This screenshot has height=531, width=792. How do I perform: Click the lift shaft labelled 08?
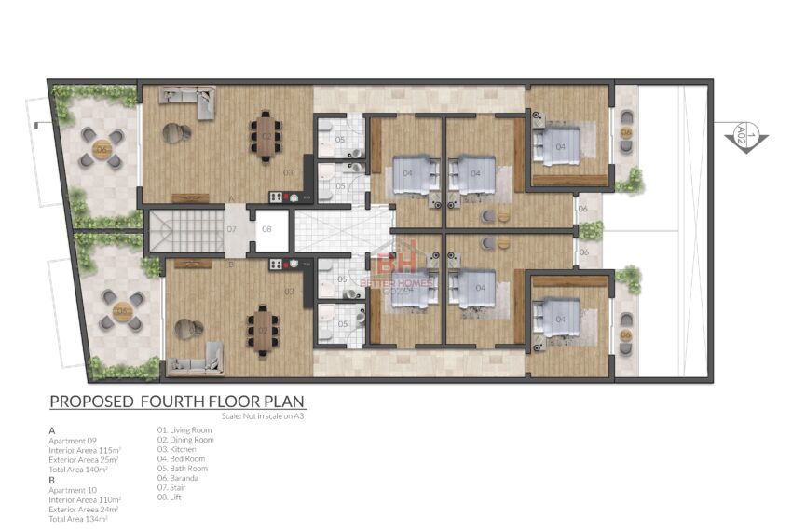(267, 229)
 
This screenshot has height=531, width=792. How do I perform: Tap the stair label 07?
(232, 229)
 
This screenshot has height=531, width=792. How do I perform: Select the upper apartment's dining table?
(266, 136)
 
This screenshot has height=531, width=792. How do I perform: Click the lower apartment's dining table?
(260, 330)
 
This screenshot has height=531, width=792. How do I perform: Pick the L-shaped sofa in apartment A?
(187, 101)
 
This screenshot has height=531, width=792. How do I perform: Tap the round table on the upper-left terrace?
(100, 149)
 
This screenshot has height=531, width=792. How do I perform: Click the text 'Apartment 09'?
(73, 440)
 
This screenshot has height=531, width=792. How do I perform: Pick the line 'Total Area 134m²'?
(78, 518)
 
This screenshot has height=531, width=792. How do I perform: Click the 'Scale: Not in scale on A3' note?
(263, 415)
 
